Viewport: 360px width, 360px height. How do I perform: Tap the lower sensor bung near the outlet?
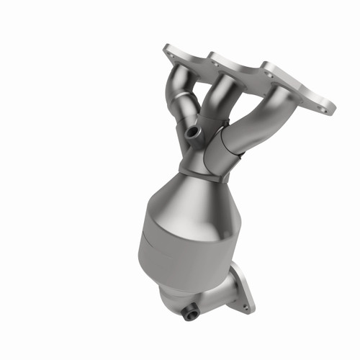pos(189,314)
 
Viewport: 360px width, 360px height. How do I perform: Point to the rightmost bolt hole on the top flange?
pos(329,109)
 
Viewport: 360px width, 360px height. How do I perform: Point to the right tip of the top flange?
pos(333,109)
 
